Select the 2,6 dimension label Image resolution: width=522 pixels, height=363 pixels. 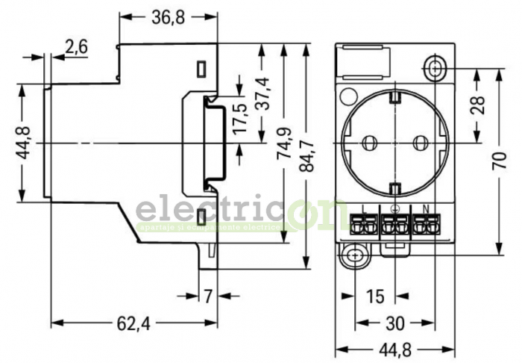point(76,47)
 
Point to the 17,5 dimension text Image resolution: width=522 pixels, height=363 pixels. point(239,118)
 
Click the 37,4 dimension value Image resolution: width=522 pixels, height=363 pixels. point(262,93)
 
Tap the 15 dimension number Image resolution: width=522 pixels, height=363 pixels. point(375,297)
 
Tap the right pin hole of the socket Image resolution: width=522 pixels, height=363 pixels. point(421,141)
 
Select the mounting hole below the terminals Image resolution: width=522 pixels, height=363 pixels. point(356,256)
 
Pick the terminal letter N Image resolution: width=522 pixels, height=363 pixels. point(425,208)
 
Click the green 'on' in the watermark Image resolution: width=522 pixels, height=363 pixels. point(313,214)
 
